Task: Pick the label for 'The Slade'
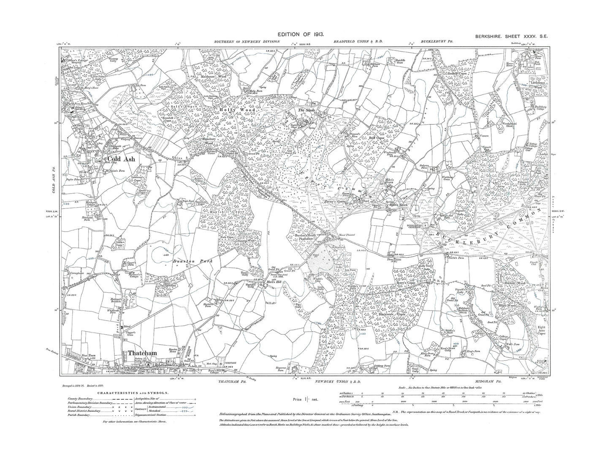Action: (x=306, y=111)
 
